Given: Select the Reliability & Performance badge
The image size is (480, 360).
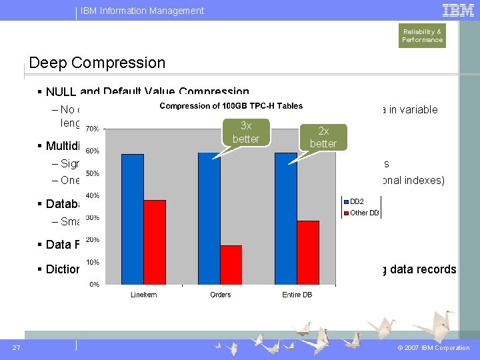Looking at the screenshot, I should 422,36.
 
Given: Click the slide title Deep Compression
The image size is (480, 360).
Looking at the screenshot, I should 97,63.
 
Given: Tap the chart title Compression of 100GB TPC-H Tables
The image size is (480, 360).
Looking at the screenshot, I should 230,106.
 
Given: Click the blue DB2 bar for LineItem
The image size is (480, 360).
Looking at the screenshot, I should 133,219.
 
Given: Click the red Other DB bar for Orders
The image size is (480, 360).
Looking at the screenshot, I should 231,265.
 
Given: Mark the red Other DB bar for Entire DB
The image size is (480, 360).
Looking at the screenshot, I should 307,252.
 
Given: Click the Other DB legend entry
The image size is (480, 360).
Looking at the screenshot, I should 363,213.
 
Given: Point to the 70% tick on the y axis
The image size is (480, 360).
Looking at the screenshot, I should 92,129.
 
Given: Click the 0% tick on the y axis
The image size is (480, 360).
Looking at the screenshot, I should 94,285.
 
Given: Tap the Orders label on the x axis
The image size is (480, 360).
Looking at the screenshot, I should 220,295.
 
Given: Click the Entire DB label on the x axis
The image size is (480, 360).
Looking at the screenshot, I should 297,295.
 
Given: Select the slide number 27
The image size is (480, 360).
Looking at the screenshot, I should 16,347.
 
